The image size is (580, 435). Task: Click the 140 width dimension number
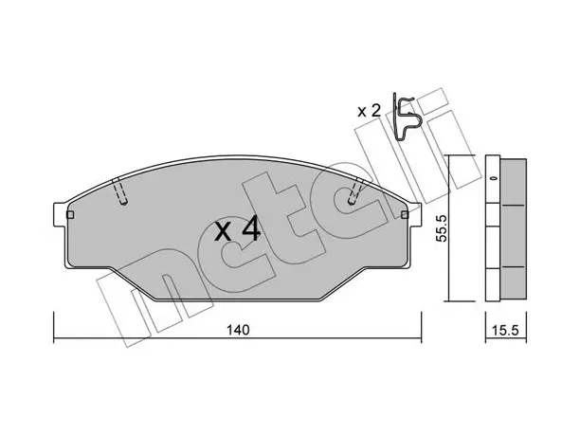click(238, 330)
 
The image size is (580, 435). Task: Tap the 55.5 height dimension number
click(442, 228)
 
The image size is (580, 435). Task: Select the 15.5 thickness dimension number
click(506, 330)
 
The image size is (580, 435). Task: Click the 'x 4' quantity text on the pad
click(238, 229)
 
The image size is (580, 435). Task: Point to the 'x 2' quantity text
click(369, 111)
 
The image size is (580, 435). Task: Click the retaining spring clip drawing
click(406, 117)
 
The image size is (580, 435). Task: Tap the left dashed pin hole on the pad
click(119, 191)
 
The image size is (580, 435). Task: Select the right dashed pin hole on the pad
click(354, 191)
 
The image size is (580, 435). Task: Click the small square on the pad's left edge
click(70, 215)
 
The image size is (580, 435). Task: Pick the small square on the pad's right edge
click(405, 214)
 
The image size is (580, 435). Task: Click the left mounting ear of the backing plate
click(60, 214)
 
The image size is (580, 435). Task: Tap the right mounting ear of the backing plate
click(415, 214)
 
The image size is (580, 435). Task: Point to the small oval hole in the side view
click(493, 179)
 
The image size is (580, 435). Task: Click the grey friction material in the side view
click(513, 228)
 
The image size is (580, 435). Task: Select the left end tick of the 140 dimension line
click(54, 327)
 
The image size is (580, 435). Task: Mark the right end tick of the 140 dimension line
click(422, 327)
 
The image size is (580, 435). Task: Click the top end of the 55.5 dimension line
click(448, 155)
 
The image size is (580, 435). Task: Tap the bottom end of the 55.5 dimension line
click(448, 301)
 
